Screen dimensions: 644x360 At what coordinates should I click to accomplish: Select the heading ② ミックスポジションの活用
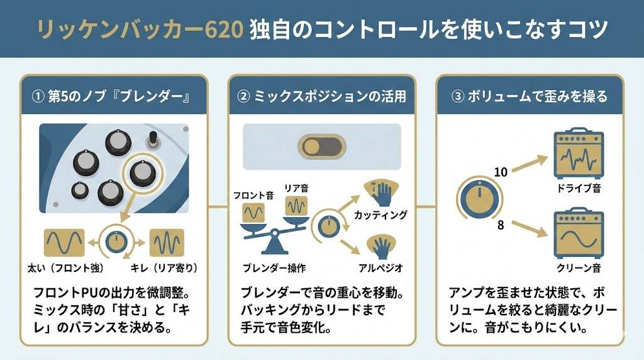tap(321, 96)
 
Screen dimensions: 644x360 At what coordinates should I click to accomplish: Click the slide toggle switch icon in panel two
tap(321, 147)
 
